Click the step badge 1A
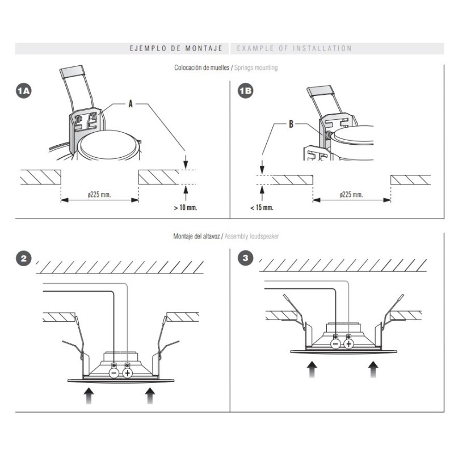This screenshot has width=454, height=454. click(24, 91)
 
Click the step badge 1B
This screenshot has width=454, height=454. click(246, 91)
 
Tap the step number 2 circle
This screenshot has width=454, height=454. click(24, 258)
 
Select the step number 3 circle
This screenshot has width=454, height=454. click(246, 258)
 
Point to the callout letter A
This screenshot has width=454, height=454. click(131, 104)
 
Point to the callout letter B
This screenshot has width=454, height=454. click(291, 124)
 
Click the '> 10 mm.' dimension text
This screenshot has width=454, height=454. click(186, 208)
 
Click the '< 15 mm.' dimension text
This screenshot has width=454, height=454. click(262, 208)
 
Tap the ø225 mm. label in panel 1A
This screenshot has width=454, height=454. click(99, 194)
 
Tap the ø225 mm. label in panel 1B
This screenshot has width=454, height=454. click(351, 194)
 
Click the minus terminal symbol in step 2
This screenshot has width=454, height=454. click(114, 373)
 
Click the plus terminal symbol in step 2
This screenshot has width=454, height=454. click(127, 373)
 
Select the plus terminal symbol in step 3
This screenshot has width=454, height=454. click(348, 344)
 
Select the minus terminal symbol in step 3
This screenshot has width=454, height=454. click(335, 344)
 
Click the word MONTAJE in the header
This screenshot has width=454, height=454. click(204, 48)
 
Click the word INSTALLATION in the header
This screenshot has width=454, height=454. click(322, 48)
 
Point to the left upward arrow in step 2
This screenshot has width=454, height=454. click(89, 396)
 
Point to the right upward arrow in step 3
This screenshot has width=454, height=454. click(373, 369)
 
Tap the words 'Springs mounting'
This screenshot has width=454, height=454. click(256, 68)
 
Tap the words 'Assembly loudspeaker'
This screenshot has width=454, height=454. click(252, 236)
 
